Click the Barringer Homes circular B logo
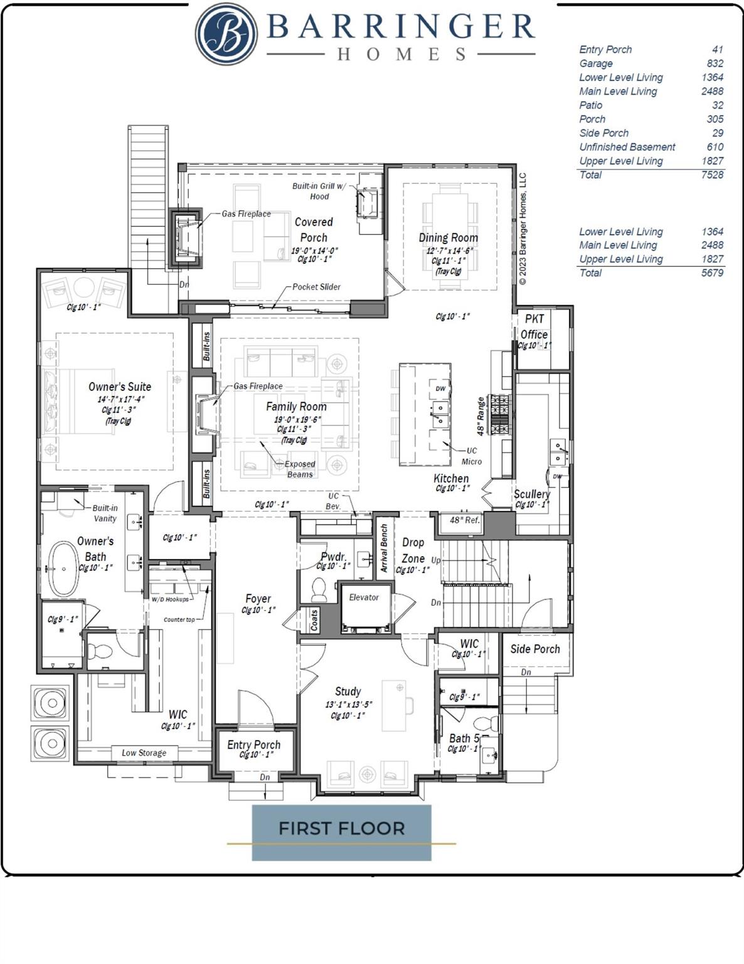pos(226,34)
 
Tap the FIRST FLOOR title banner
pos(341,828)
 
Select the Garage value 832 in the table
pos(715,63)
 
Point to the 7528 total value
pos(712,174)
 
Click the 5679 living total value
pos(712,272)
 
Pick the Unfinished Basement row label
pos(627,147)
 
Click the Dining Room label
pos(448,238)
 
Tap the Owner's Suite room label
pos(119,387)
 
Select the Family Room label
pos(295,407)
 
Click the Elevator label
pos(364,597)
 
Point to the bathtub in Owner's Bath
pos(64,569)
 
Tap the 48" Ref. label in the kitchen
pos(464,520)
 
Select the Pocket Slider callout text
pos(316,287)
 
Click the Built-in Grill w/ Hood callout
pos(319,191)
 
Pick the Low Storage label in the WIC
pos(144,752)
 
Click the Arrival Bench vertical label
pos(384,549)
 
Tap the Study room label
pos(348,691)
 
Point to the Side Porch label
pos(534,649)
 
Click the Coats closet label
pos(314,621)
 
